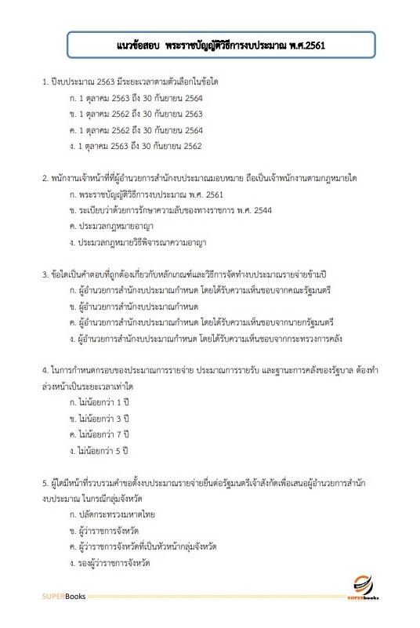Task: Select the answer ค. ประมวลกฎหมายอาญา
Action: tap(110, 227)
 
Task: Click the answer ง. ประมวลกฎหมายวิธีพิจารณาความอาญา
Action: tap(137, 243)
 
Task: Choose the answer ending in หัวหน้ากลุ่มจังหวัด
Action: tap(143, 546)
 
